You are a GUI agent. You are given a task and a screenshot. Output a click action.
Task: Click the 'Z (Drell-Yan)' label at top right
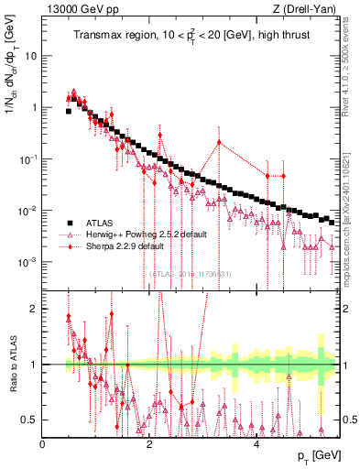(x=305, y=9)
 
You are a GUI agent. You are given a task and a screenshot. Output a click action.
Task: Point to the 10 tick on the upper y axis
(x=30, y=55)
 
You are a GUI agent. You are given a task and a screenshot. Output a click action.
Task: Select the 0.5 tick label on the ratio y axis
(x=30, y=420)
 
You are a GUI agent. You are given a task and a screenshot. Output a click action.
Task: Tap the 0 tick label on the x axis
(x=43, y=444)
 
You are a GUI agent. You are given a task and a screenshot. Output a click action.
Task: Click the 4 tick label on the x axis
(x=256, y=444)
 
